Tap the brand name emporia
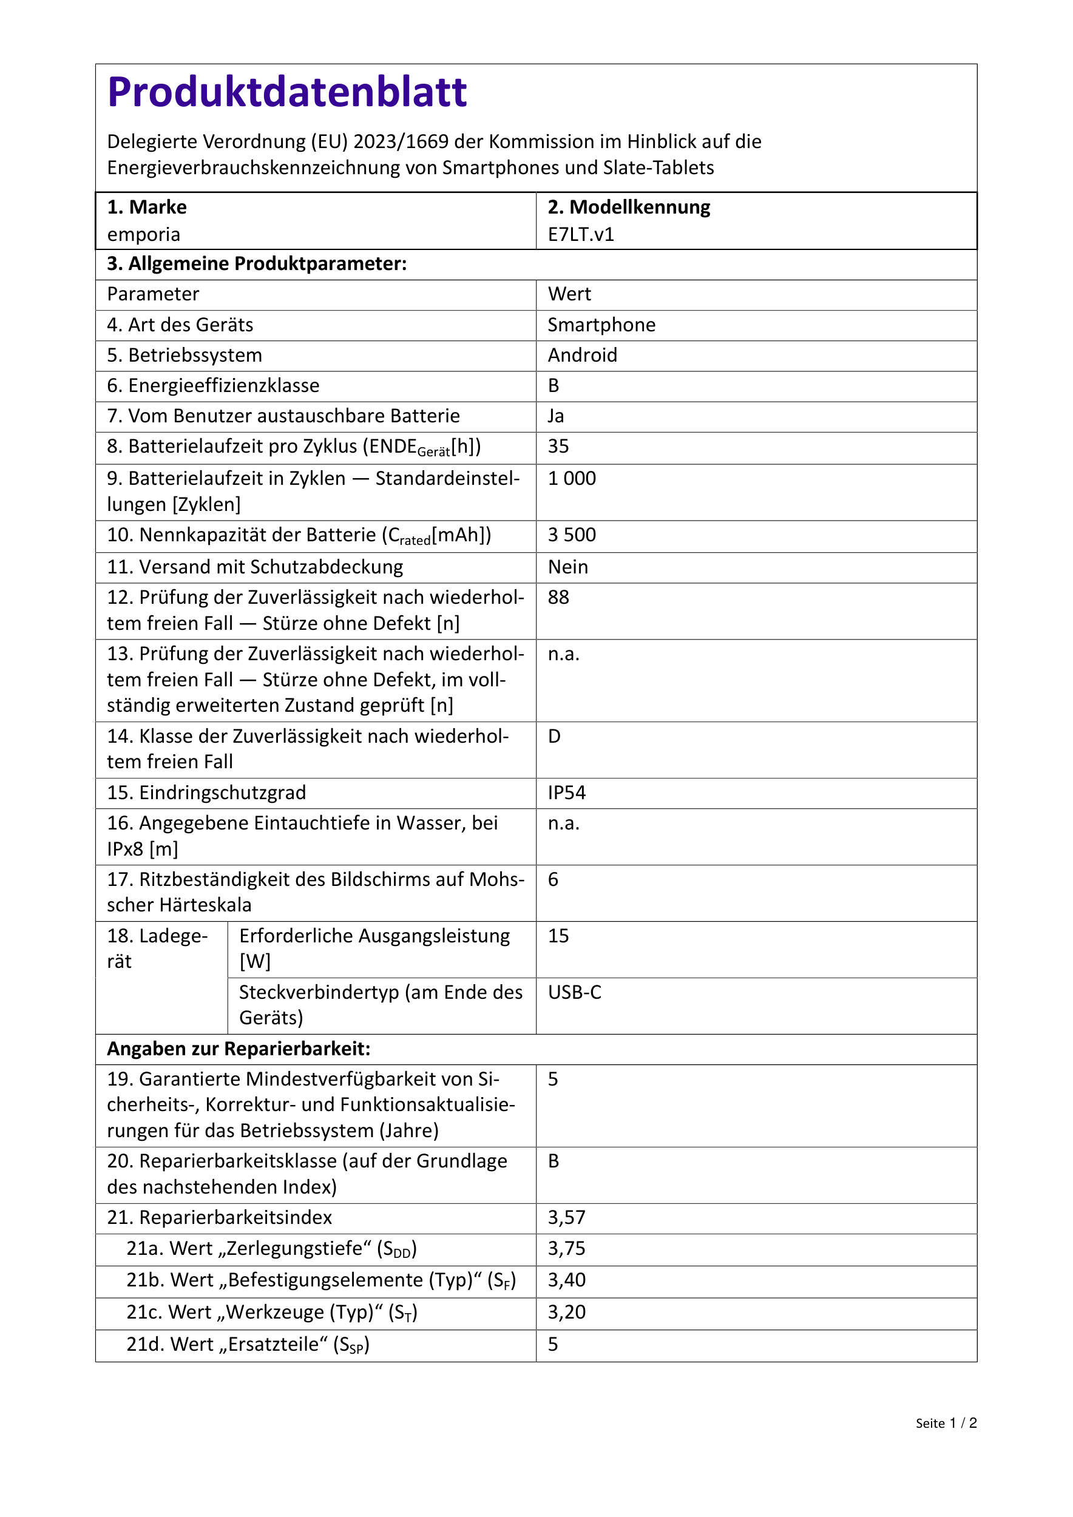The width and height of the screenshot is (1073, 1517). [x=143, y=235]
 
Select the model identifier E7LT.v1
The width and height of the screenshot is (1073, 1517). [x=581, y=235]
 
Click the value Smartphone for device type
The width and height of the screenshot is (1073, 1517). [x=601, y=325]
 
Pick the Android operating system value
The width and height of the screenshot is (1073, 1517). [x=582, y=356]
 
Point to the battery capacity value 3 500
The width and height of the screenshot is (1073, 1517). [x=572, y=535]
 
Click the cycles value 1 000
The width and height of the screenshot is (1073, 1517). [x=572, y=478]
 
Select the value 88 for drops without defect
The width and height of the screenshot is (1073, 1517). [x=558, y=597]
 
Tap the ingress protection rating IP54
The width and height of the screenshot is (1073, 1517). [x=566, y=793]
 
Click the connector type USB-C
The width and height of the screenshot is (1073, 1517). [x=574, y=992]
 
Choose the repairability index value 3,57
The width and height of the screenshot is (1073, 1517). [x=566, y=1218]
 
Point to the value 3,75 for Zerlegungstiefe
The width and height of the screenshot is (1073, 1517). [x=566, y=1249]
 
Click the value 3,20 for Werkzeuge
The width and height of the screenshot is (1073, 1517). [x=566, y=1312]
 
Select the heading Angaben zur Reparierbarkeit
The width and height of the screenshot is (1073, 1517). [x=239, y=1049]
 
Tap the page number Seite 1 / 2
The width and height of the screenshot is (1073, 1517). [x=946, y=1423]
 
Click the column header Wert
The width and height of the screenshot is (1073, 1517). [x=569, y=295]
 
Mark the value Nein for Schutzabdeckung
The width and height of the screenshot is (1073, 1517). [x=567, y=567]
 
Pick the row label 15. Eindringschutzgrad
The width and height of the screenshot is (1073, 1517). [x=206, y=793]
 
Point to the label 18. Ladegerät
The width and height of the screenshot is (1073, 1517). [x=157, y=949]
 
